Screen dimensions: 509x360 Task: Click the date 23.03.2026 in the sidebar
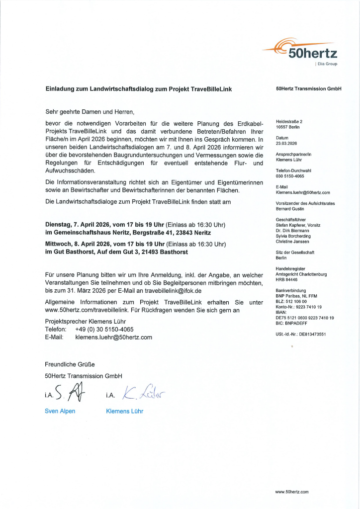(286, 143)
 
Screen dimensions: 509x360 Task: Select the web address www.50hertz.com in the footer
(292, 492)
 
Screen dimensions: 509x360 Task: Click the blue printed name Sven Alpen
(60, 411)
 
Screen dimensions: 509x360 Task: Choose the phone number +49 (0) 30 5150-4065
(104, 329)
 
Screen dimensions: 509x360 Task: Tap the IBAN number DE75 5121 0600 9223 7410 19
(305, 318)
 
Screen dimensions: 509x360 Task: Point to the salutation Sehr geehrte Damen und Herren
(90, 112)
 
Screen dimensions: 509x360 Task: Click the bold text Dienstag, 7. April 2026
(79, 225)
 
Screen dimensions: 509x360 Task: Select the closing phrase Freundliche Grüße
(70, 364)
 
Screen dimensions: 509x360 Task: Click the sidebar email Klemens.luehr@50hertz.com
(303, 192)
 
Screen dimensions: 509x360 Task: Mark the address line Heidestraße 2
(289, 122)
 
